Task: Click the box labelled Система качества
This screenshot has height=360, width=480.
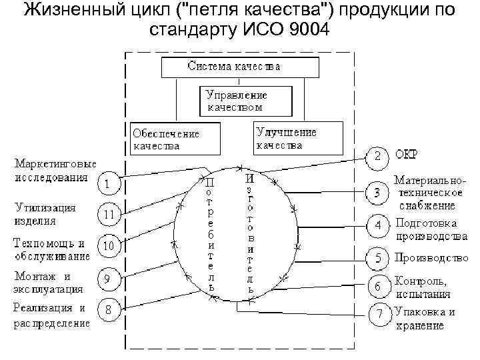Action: [233, 67]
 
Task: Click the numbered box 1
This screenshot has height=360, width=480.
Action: [109, 181]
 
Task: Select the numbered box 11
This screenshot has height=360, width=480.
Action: [109, 215]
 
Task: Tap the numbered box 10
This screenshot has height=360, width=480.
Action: [109, 246]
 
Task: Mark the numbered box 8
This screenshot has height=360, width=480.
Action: [109, 311]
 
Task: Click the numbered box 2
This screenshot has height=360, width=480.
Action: [377, 158]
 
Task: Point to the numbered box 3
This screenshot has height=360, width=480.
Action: [377, 193]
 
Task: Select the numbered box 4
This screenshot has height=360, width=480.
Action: [377, 225]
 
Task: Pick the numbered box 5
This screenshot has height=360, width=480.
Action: [377, 257]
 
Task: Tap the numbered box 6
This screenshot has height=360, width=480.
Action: [377, 286]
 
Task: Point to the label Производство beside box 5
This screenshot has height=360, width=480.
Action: [431, 257]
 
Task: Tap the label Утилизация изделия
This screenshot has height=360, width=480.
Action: [45, 214]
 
